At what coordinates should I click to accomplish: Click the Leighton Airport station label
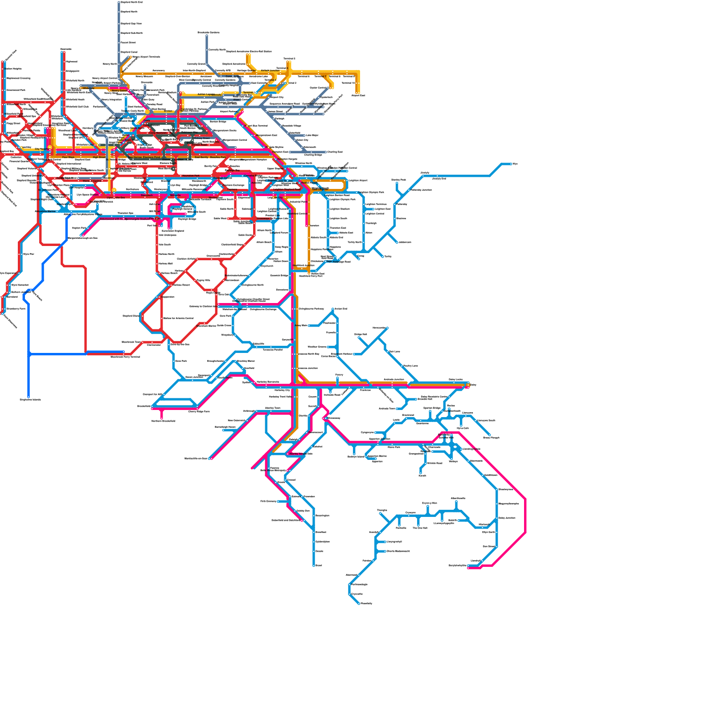tap(358, 180)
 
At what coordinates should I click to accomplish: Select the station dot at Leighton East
tap(373, 209)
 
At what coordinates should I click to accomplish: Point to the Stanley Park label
tap(398, 180)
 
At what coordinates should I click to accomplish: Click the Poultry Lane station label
tap(410, 366)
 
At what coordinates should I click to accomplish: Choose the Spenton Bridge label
tap(431, 408)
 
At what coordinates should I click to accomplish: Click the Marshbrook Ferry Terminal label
tap(125, 356)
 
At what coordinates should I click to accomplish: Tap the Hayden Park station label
tap(79, 228)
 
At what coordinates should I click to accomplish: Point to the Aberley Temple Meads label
tap(301, 454)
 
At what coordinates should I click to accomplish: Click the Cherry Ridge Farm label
tap(199, 412)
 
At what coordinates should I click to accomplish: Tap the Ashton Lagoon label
tap(205, 94)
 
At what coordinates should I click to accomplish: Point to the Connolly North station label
tap(217, 50)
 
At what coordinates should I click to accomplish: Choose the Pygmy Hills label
tap(203, 280)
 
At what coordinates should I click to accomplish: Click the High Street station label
tap(99, 157)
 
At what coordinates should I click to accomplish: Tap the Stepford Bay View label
tap(131, 24)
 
